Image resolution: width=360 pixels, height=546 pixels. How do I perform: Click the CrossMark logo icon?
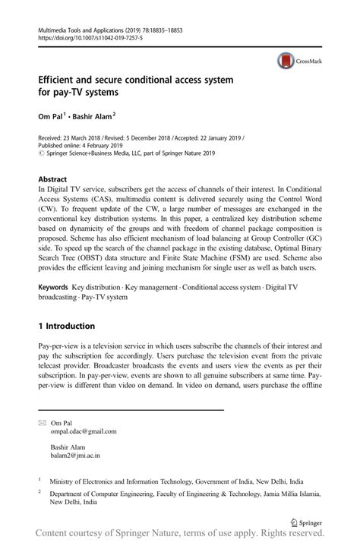point(286,60)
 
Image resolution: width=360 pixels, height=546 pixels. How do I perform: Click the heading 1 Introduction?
point(66,327)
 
